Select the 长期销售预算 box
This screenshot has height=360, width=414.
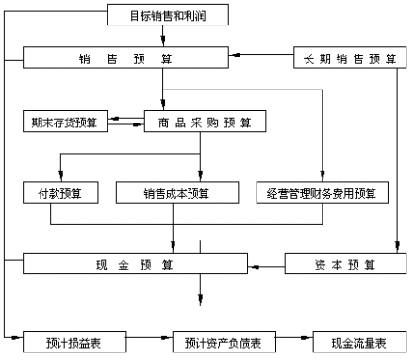pos(350,58)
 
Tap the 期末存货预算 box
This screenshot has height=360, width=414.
pos(63,122)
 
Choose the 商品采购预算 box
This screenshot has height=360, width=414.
pos(205,122)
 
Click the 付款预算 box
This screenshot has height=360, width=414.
pos(54,193)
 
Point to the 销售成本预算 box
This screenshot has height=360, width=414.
pos(176,193)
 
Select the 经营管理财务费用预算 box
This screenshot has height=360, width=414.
pos(321,193)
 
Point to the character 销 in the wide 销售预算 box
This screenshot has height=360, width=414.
pos(85,58)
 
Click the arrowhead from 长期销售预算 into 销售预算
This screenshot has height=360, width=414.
pos(233,58)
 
